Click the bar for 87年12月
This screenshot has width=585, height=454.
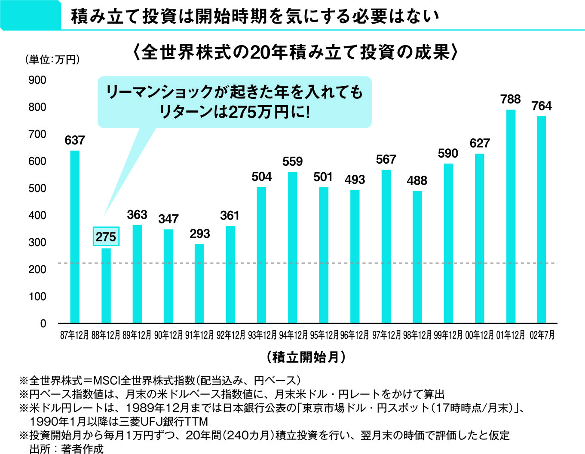(75, 237)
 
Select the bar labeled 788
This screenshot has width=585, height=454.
(511, 216)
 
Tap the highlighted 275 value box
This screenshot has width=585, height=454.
(106, 237)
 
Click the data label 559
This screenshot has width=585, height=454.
(293, 161)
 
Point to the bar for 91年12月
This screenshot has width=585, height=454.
(199, 283)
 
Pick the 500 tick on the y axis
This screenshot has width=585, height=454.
(37, 188)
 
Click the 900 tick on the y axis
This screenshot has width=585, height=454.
(37, 80)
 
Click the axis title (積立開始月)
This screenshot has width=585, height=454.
(306, 356)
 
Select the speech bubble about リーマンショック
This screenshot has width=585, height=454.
(234, 102)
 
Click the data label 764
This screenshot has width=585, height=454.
(542, 106)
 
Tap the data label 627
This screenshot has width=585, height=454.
(480, 143)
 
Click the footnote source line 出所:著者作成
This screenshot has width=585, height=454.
(67, 449)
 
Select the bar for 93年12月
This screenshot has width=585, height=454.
(261, 255)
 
